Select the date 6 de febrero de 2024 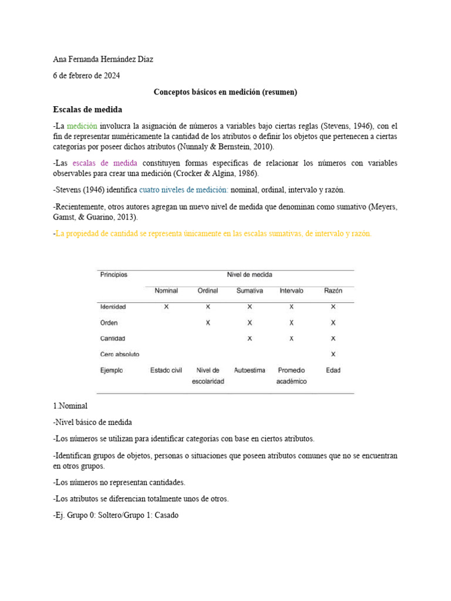point(86,76)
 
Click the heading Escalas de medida point(87,109)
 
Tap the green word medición point(82,126)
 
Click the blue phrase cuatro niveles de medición point(184,190)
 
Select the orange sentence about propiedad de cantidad point(213,234)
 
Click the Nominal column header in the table point(166,291)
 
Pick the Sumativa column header point(250,291)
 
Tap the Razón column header point(333,291)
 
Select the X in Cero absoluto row point(333,354)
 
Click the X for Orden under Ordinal point(208,323)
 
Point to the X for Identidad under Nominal point(166,306)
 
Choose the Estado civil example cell point(166,370)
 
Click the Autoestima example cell point(250,370)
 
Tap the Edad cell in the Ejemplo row point(333,370)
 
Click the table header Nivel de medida point(250,275)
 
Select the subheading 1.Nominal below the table point(70,406)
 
